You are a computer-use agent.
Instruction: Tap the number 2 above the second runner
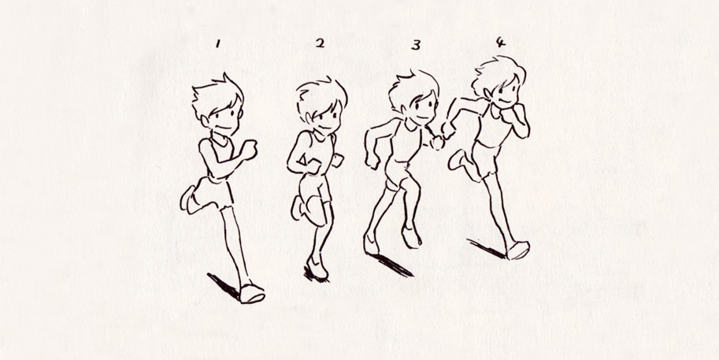coord(320,43)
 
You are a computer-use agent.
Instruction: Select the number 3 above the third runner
coord(415,45)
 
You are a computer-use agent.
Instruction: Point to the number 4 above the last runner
coord(501,40)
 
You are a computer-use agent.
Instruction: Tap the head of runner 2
coord(321,109)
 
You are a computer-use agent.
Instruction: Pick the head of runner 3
coord(414,102)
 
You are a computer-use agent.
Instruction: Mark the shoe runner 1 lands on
coord(253,293)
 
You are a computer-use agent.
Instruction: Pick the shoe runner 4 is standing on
coord(517,250)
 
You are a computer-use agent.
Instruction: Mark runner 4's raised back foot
coord(458,162)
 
